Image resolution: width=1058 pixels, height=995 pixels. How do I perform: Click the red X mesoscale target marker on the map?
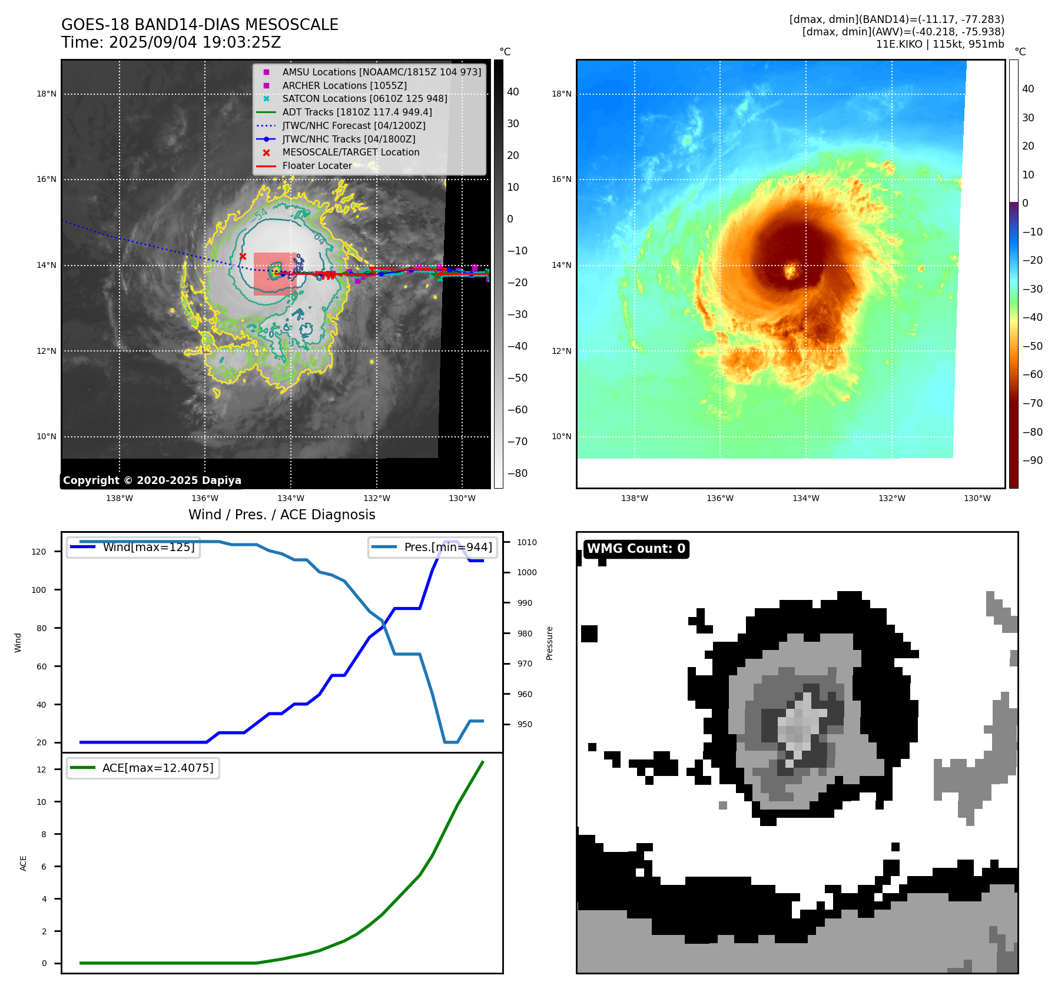point(243,256)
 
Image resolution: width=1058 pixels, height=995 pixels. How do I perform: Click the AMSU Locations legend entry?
point(381,72)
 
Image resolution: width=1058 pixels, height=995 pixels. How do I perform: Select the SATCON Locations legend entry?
point(364,99)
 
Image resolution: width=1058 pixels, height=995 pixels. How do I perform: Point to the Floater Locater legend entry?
point(317,165)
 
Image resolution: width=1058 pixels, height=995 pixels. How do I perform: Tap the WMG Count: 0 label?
point(636,549)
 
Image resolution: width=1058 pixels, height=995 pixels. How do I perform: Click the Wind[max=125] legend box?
point(134,547)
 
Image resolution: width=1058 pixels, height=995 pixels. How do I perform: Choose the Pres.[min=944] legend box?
point(433,547)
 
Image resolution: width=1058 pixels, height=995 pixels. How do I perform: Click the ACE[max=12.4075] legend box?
point(143,768)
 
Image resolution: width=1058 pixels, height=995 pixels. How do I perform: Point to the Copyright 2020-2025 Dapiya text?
point(152,480)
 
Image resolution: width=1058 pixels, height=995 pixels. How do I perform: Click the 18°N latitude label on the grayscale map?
point(47,94)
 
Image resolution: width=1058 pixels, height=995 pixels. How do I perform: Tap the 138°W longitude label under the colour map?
point(634,498)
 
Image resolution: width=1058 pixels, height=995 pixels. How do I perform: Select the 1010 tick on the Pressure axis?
point(527,542)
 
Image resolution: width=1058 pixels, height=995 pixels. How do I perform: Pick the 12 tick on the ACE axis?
point(41,770)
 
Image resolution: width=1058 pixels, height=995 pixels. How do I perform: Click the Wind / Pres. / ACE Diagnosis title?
point(281,515)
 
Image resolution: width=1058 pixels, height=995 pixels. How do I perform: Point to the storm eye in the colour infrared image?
point(791,272)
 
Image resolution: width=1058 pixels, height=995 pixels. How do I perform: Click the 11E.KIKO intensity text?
point(940,44)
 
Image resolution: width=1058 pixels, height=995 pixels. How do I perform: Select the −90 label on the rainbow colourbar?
point(1032,460)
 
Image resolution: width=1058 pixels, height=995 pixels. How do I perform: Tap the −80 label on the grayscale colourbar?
point(517,473)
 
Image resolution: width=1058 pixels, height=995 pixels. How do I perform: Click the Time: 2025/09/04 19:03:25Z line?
point(171,42)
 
